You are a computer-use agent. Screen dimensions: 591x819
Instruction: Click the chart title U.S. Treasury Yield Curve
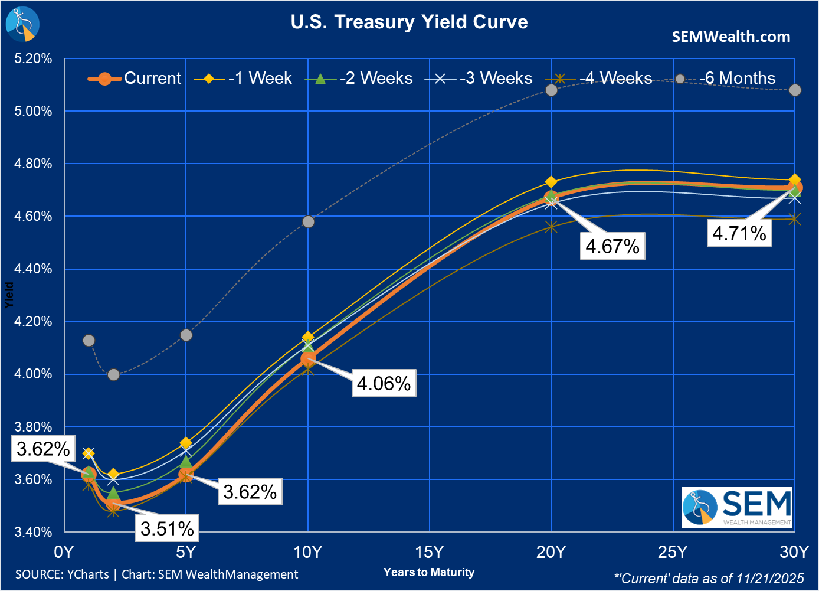[409, 22]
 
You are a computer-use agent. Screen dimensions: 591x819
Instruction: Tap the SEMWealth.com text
[730, 37]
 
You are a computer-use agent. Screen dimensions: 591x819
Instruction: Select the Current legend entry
[135, 79]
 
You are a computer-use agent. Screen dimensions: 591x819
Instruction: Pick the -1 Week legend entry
[243, 79]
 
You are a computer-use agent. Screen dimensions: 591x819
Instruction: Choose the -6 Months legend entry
[726, 79]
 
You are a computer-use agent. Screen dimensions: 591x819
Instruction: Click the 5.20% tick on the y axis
[33, 58]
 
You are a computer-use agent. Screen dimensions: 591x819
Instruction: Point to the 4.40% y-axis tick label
[33, 269]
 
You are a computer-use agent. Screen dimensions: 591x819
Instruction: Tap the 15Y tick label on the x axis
[429, 552]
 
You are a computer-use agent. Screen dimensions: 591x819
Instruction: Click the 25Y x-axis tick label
[673, 552]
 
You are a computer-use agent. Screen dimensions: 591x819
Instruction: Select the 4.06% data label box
[384, 383]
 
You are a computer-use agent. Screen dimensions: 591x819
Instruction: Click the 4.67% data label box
[612, 246]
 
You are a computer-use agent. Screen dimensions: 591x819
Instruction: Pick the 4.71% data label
[739, 233]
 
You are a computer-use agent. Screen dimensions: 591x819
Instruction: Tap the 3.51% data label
[167, 528]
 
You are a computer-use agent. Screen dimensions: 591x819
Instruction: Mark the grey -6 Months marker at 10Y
[308, 222]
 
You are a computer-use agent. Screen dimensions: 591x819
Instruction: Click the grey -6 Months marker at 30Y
[795, 90]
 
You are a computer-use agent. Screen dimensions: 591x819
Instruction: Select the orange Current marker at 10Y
[308, 358]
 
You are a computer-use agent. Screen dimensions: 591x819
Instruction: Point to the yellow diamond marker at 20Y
[551, 182]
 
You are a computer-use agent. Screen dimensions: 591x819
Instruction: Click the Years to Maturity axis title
[429, 572]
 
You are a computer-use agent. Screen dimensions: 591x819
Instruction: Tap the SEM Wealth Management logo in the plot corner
[736, 507]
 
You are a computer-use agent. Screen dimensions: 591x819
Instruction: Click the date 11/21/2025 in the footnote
[770, 579]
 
